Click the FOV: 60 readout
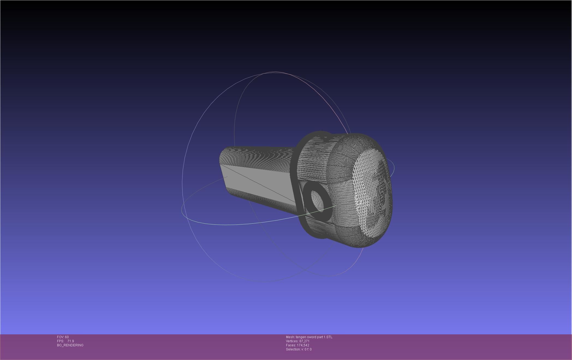click(x=63, y=337)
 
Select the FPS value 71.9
click(x=71, y=341)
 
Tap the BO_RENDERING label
click(x=70, y=345)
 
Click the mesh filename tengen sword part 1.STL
click(x=314, y=337)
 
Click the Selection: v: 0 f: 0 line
click(x=299, y=349)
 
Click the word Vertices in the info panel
click(x=292, y=341)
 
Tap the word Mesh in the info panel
click(x=290, y=337)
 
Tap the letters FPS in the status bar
click(x=60, y=341)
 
